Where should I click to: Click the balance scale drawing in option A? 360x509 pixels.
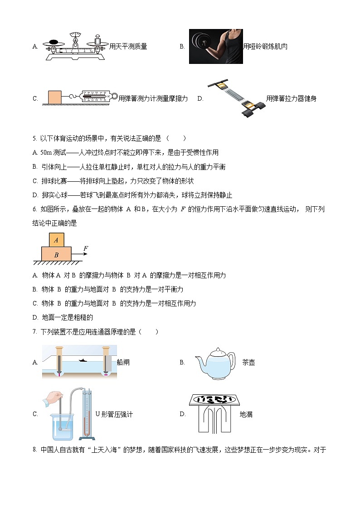tap(75, 46)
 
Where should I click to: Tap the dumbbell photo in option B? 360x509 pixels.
tap(216, 46)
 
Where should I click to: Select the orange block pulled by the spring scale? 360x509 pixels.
tap(54, 97)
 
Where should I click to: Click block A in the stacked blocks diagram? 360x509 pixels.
tap(56, 240)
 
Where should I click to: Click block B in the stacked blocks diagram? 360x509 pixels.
tap(56, 255)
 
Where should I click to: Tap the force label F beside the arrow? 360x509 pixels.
tap(86, 248)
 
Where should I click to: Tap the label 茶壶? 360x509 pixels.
tap(248, 363)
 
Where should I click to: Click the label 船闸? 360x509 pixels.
tap(123, 363)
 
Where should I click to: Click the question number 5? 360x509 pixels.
tap(34, 138)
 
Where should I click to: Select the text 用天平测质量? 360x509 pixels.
tap(128, 46)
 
